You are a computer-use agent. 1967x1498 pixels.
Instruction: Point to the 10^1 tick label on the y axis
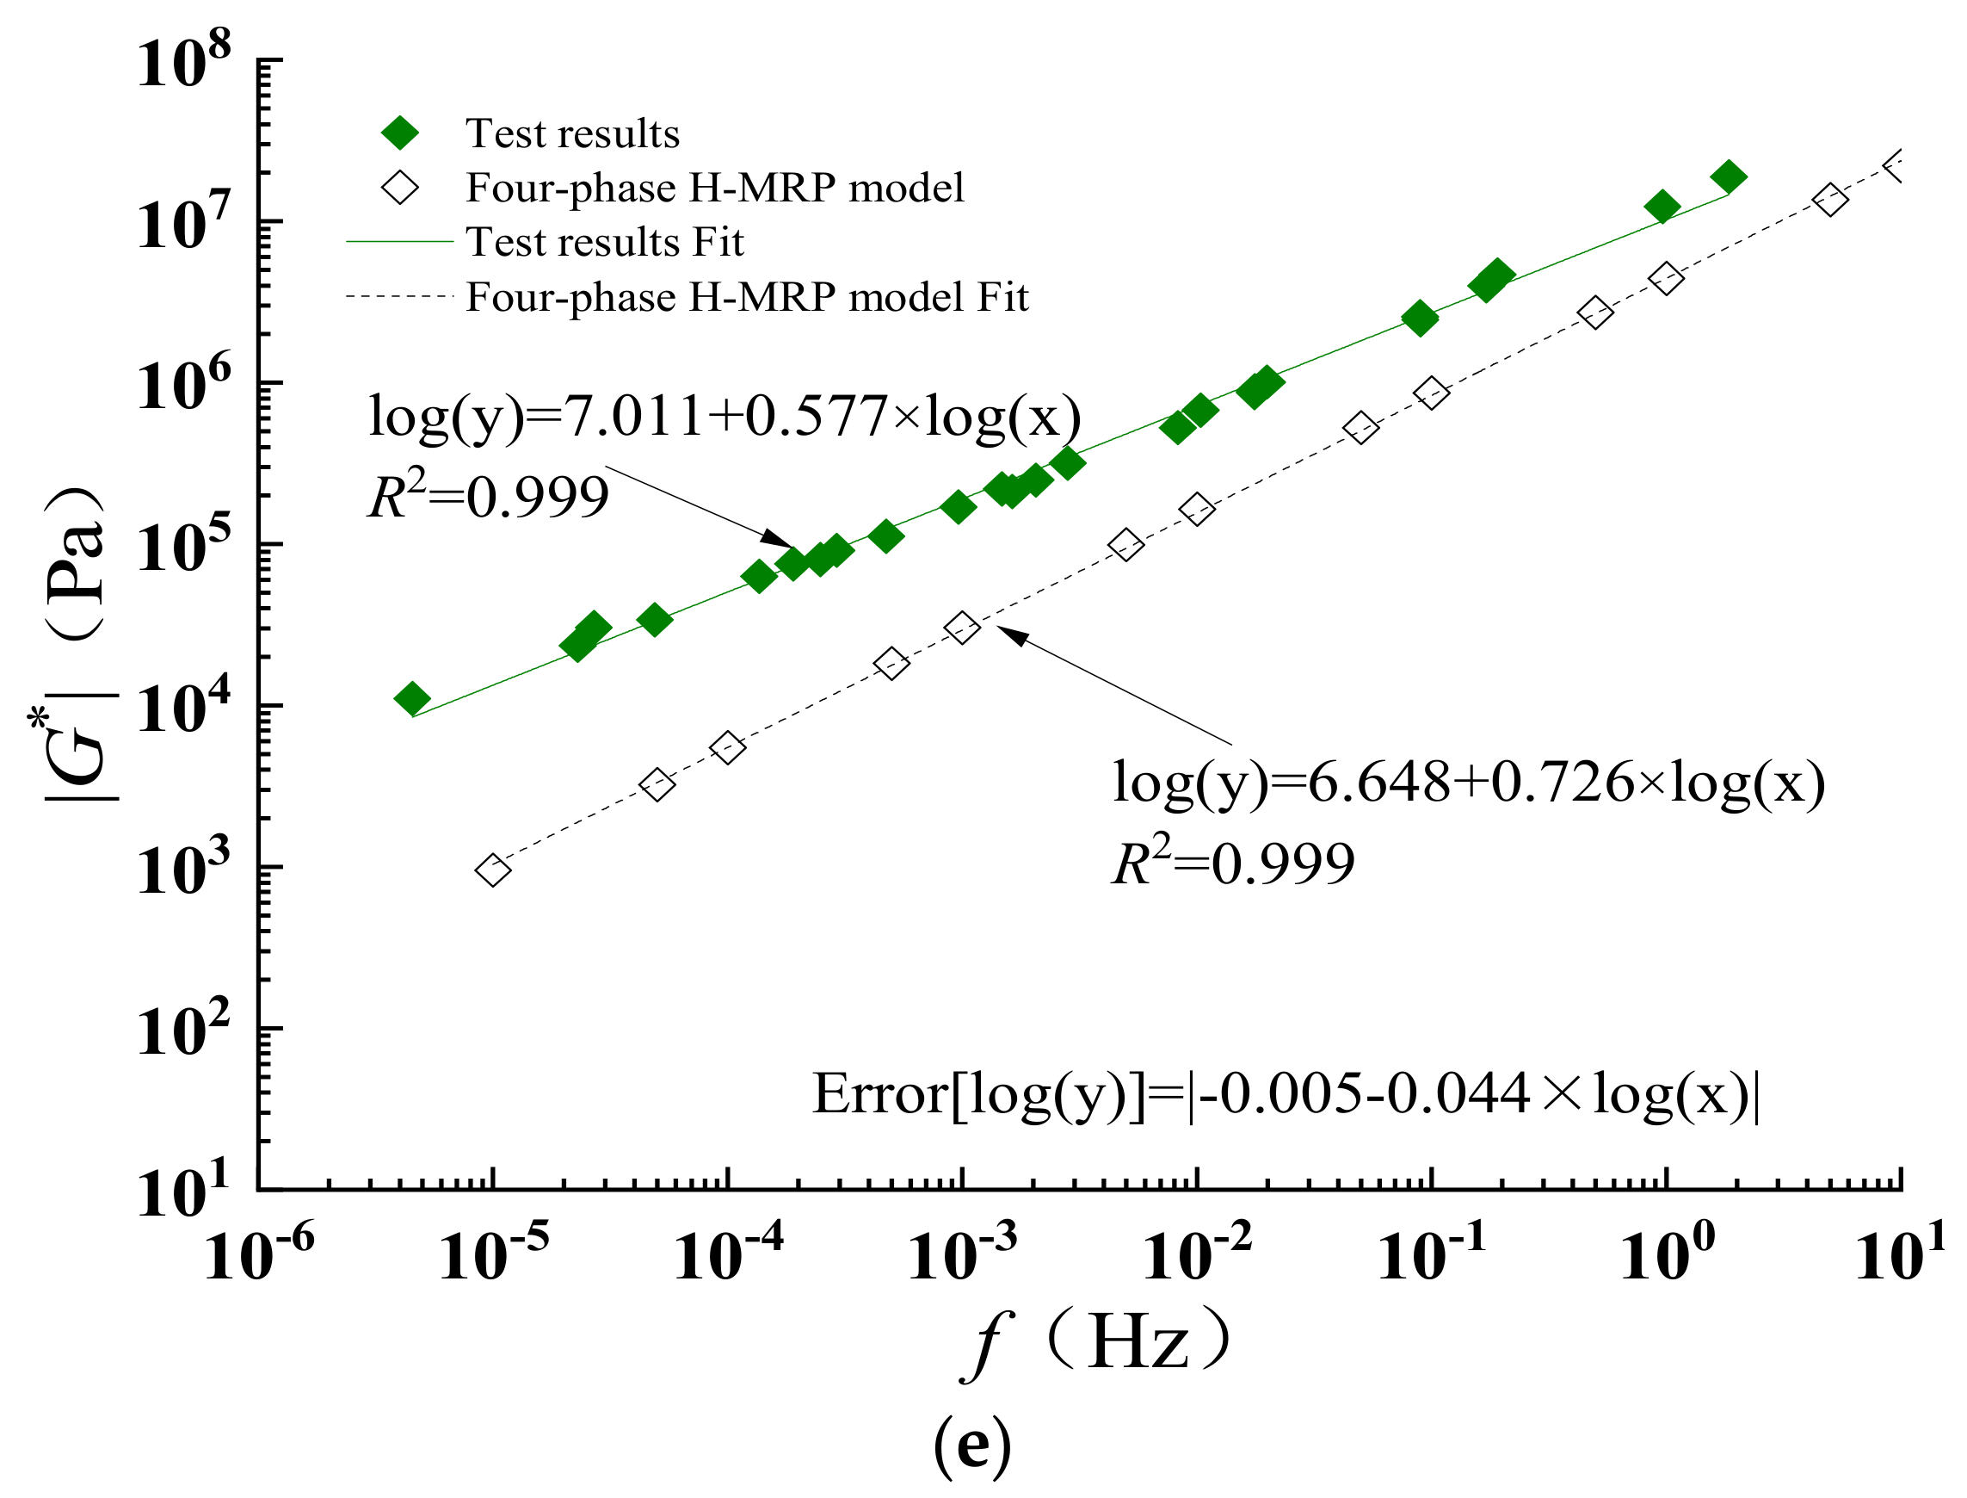coord(182,1191)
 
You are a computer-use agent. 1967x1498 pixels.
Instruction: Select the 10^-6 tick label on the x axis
coord(258,1255)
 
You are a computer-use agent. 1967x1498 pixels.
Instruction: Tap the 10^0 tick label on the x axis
coord(1665,1255)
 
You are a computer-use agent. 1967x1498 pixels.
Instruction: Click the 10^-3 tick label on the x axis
coord(961,1255)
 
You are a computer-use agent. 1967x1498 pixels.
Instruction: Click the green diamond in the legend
coord(400,133)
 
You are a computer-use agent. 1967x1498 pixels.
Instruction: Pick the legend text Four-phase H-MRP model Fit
coord(747,297)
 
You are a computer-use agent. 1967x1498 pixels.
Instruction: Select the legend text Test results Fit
coord(604,242)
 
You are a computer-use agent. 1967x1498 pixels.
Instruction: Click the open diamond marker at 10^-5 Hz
coord(493,870)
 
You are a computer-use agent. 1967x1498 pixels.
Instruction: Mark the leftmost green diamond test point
coord(412,698)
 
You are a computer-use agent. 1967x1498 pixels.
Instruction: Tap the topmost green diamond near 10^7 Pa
coord(1728,176)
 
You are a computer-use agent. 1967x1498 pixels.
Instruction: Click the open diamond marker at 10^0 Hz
coord(1666,279)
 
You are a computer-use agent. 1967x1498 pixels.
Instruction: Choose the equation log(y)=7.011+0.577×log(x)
coord(725,416)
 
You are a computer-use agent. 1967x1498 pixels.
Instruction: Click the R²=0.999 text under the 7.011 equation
coord(489,497)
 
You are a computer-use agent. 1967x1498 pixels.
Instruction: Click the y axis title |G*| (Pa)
coord(76,642)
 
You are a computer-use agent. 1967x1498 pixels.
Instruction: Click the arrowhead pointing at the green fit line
coord(777,538)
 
